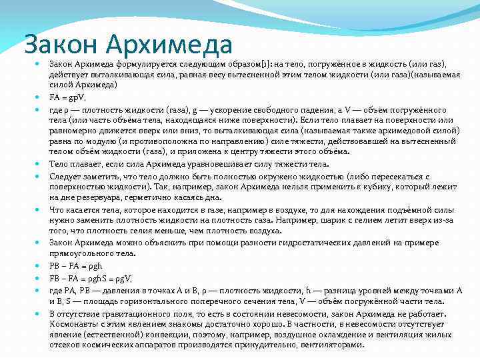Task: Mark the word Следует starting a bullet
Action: click(x=66, y=176)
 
